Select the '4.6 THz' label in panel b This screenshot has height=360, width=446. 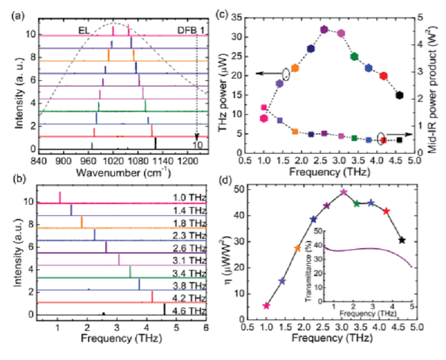(190, 311)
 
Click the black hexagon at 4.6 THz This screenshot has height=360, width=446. (400, 95)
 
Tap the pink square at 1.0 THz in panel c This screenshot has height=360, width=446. (263, 108)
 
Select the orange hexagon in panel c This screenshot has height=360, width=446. (294, 68)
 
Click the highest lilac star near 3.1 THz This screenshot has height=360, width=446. (344, 192)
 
